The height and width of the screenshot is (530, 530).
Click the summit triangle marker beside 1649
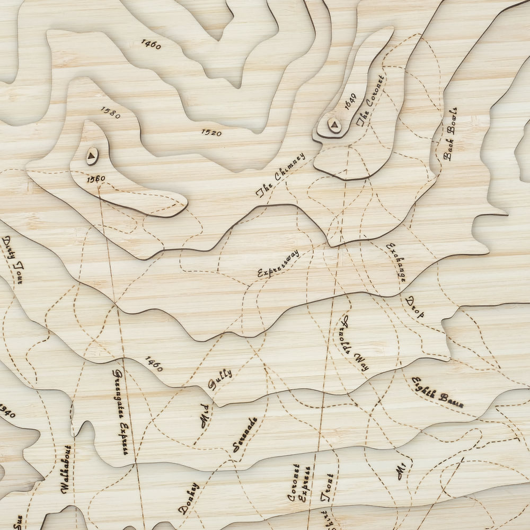333,125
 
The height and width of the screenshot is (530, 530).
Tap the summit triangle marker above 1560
92,155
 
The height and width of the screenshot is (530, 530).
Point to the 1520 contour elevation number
211,132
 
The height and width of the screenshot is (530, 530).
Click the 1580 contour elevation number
110,112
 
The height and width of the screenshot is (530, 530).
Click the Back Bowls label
450,135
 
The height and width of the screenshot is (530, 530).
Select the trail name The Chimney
281,175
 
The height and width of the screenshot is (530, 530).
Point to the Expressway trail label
278,263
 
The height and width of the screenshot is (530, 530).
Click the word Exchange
397,262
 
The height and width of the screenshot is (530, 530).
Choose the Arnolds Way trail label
355,343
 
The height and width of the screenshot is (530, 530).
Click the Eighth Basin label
437,392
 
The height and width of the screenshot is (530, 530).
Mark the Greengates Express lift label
120,412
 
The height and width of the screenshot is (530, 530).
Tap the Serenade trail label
245,435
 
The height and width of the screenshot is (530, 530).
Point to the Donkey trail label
189,498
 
